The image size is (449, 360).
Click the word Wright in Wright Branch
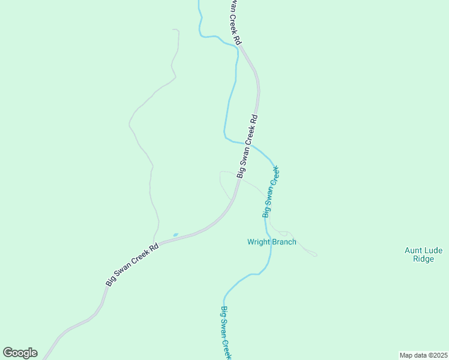259,242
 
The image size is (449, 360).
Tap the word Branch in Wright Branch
285,242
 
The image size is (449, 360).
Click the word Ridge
423,259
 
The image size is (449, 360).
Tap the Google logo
20,353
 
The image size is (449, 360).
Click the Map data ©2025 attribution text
424,355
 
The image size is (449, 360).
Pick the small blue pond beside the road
175,235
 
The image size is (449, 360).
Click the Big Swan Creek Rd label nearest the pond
132,264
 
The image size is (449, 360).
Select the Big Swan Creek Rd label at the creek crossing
247,146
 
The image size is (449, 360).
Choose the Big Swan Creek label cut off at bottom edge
226,333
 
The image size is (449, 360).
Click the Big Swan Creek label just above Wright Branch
271,192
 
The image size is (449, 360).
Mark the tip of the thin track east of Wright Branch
317,256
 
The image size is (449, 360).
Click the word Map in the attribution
407,355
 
